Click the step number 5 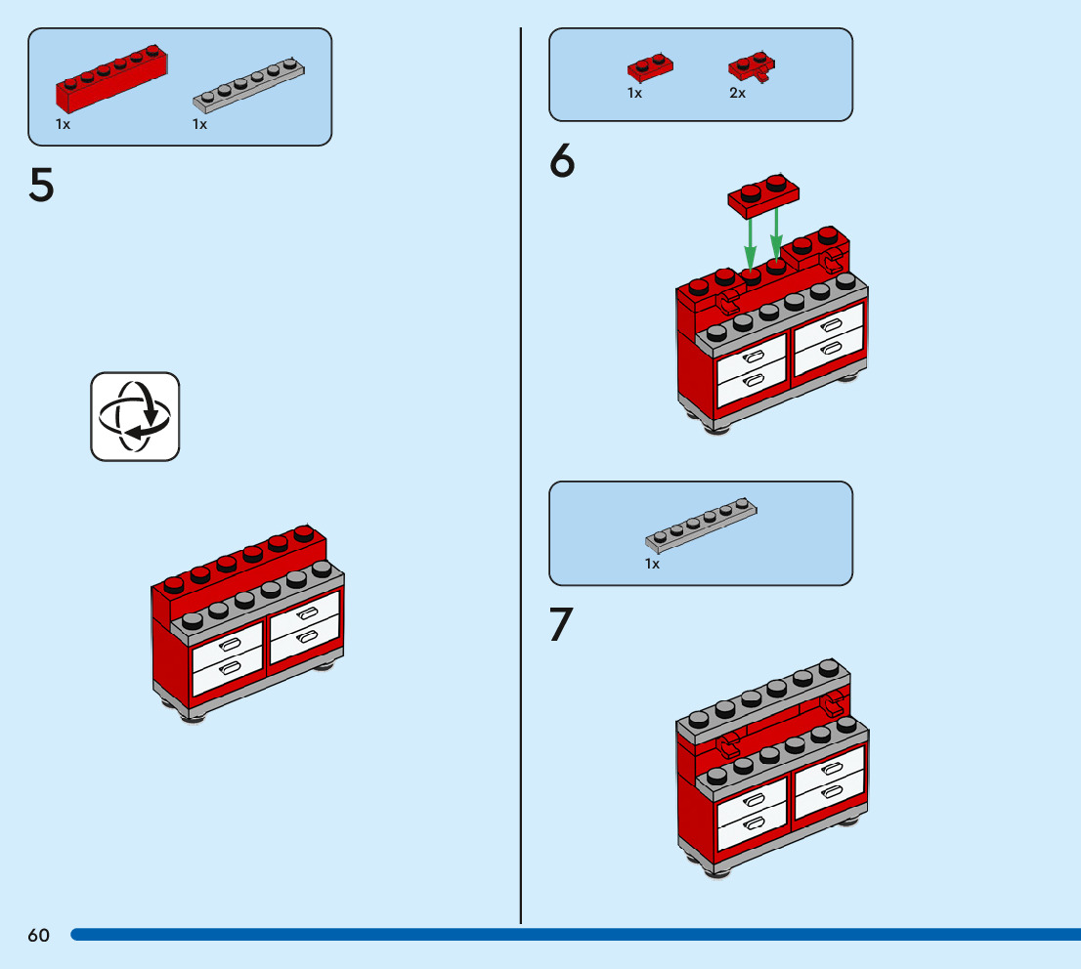(x=41, y=185)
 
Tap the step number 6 (x=562, y=162)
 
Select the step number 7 (x=561, y=624)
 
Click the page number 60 (x=38, y=935)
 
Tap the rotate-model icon (x=135, y=416)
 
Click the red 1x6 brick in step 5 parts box (x=111, y=77)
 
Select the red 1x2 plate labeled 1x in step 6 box (x=650, y=67)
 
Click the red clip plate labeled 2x (x=752, y=66)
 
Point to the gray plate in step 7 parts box (x=701, y=523)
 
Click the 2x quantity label (x=737, y=93)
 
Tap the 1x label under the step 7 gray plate (x=652, y=564)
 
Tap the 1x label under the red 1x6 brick (x=63, y=124)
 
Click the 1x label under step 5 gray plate (x=199, y=124)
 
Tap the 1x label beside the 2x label (x=634, y=93)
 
